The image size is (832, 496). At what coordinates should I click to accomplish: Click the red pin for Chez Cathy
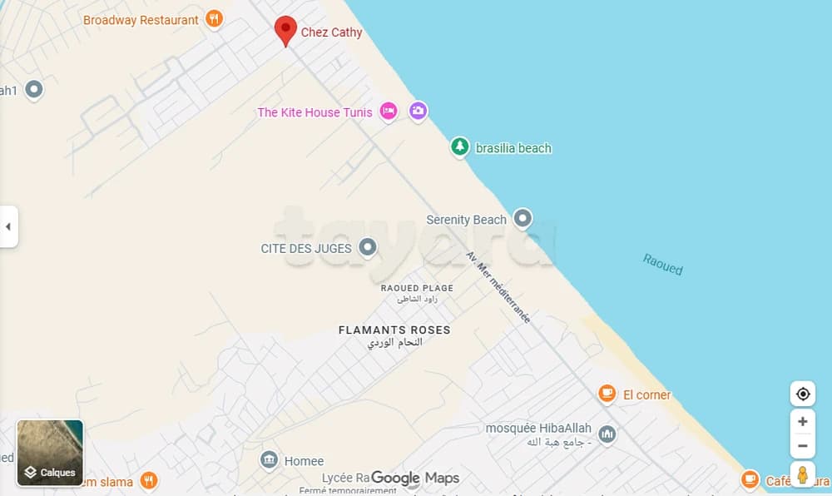(x=286, y=30)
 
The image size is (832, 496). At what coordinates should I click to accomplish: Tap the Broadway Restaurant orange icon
(x=215, y=19)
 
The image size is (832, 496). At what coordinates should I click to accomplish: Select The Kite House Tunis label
(x=314, y=112)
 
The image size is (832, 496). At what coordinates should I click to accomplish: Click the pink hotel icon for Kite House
(x=388, y=112)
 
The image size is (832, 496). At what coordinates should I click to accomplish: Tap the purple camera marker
(x=418, y=111)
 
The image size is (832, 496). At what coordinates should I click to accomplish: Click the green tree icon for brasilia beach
(x=459, y=146)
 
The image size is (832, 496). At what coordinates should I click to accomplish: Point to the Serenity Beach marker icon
(x=522, y=219)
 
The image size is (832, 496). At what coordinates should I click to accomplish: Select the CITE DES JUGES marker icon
(x=367, y=247)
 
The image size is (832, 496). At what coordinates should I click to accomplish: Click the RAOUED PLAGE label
(x=417, y=288)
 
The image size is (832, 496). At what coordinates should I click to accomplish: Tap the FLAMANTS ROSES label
(x=394, y=330)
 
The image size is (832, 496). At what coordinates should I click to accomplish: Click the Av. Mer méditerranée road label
(x=498, y=287)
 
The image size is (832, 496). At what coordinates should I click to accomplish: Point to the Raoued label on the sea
(x=662, y=264)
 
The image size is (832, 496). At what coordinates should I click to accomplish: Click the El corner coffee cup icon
(x=607, y=394)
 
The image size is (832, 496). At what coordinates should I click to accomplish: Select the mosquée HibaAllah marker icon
(x=607, y=434)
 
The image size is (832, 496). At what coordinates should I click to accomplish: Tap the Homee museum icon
(x=269, y=460)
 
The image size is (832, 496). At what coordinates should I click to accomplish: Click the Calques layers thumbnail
(x=50, y=453)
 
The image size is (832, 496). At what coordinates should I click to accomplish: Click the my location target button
(x=802, y=394)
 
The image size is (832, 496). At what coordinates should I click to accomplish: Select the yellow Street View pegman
(x=802, y=474)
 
